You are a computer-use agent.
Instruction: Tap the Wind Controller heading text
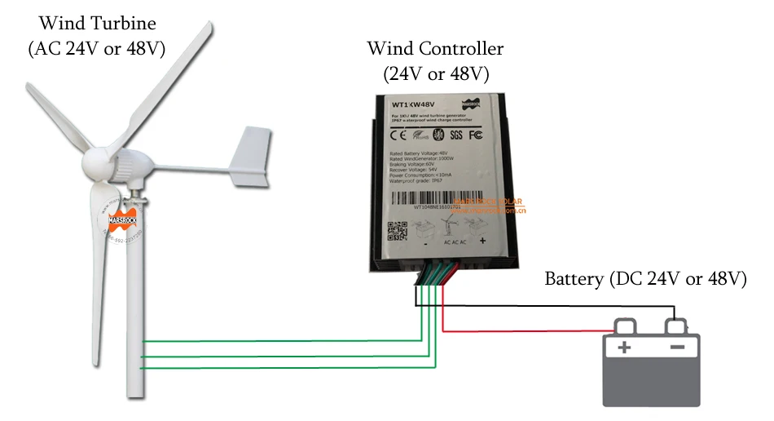[435, 49]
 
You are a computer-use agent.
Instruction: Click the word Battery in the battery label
[575, 279]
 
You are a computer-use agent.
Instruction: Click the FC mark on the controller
[482, 134]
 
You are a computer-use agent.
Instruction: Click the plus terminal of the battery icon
[624, 348]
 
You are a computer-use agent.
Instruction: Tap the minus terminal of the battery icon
[678, 348]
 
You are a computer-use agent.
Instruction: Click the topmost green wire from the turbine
[277, 340]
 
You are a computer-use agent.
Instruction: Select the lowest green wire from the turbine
[277, 368]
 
